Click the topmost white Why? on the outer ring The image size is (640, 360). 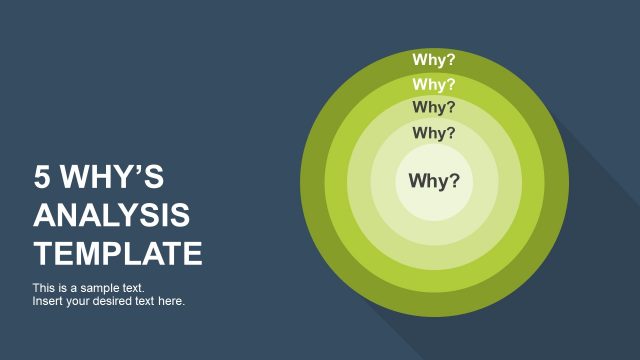click(x=434, y=60)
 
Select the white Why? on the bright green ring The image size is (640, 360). click(x=434, y=85)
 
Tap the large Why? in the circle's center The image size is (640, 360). click(x=434, y=181)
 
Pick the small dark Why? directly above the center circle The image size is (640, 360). click(x=434, y=132)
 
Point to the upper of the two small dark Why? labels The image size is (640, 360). click(x=434, y=107)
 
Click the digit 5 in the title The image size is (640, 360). click(x=41, y=178)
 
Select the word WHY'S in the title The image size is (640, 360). click(x=111, y=178)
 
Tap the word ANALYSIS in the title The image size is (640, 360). click(x=112, y=215)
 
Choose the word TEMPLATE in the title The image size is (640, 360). click(x=118, y=252)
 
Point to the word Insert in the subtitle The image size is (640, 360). click(x=48, y=300)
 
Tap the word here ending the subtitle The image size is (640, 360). click(x=171, y=300)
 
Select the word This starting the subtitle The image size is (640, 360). click(x=43, y=288)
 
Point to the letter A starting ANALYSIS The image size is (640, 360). click(x=43, y=215)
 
